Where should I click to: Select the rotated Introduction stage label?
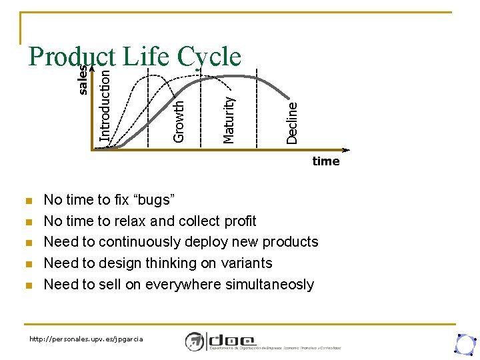coord(105,101)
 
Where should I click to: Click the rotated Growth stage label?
coord(179,121)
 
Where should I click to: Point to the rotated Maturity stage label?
coord(229,119)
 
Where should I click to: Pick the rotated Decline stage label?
coord(292,122)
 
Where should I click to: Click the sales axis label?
coord(83,79)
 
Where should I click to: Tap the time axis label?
coord(326,161)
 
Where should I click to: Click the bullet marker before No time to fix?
coord(27,200)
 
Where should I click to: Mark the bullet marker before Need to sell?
coord(27,285)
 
